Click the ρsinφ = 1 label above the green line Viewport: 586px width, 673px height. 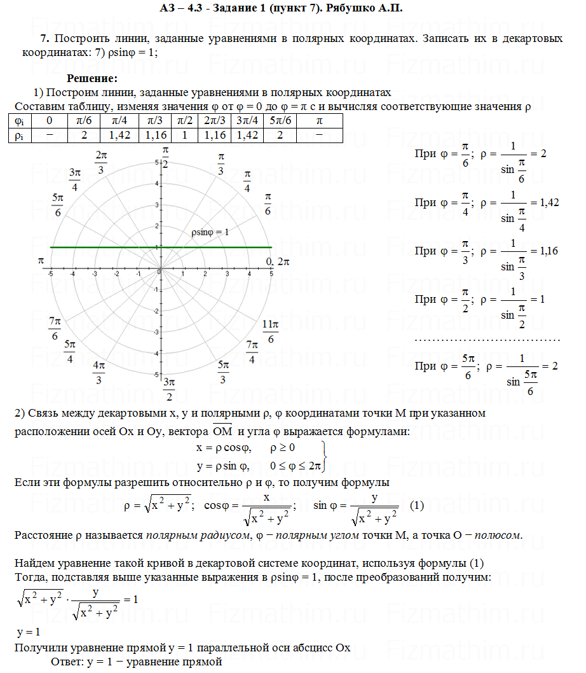pyautogui.click(x=209, y=232)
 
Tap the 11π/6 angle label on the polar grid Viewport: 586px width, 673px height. pyautogui.click(x=271, y=331)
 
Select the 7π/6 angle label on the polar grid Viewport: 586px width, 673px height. pyautogui.click(x=55, y=328)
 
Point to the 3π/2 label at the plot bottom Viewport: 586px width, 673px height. pyautogui.click(x=168, y=389)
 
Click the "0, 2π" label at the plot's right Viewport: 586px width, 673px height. pyautogui.click(x=278, y=261)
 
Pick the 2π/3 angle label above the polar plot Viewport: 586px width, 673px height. pyautogui.click(x=101, y=162)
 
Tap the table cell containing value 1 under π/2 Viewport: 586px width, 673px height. pyautogui.click(x=184, y=135)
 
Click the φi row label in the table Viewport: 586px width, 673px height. pyautogui.click(x=19, y=120)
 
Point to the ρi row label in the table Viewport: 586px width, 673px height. pyautogui.click(x=19, y=135)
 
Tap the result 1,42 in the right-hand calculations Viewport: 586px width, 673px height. pyautogui.click(x=549, y=202)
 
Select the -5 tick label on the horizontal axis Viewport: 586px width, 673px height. pyautogui.click(x=50, y=274)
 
